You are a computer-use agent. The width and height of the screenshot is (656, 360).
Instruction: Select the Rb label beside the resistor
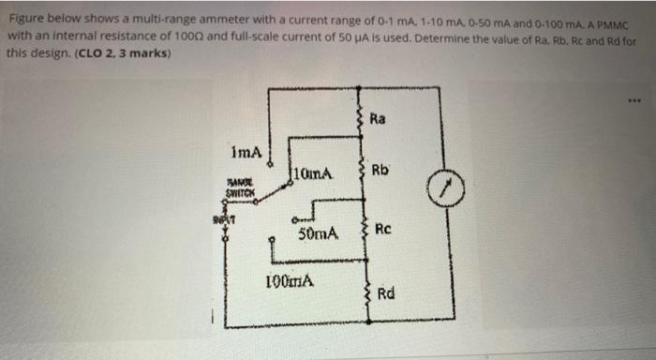[379, 172]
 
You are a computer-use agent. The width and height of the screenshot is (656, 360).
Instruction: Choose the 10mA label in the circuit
[313, 174]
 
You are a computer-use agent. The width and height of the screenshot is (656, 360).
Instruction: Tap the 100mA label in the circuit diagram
[290, 280]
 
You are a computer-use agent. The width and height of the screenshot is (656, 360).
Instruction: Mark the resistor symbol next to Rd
[367, 292]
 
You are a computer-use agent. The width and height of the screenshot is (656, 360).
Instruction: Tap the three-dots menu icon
[637, 96]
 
